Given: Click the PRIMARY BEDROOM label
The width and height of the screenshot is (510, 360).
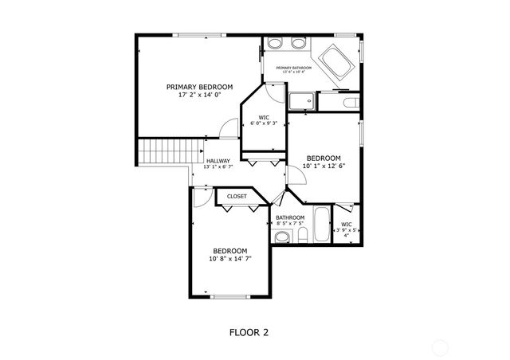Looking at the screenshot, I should point(199,86).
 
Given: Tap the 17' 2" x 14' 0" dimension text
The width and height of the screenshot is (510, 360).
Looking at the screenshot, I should point(199,95).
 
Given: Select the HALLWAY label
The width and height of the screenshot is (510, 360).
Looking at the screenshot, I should point(218,160).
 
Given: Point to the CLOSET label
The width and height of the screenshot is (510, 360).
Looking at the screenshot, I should point(237,196).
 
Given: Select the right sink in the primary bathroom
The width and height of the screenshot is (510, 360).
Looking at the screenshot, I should point(299,43).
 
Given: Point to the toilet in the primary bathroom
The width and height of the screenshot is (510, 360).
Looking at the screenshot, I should point(348,102).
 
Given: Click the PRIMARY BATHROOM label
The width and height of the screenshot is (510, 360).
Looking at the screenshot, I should point(293,68).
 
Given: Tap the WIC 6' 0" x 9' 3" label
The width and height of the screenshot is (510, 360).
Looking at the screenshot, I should point(264,120).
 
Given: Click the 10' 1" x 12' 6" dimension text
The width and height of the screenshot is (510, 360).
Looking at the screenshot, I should point(324,166).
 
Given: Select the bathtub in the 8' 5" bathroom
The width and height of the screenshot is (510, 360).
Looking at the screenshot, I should point(321,226).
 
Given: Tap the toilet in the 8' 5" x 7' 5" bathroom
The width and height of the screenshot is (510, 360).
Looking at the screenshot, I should point(303,238).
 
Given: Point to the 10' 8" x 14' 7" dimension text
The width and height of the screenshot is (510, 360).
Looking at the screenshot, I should point(230,259).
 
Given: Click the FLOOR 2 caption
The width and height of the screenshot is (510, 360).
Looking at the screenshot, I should point(249,332).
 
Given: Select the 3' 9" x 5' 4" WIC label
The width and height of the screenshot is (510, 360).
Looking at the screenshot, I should point(346,229).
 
